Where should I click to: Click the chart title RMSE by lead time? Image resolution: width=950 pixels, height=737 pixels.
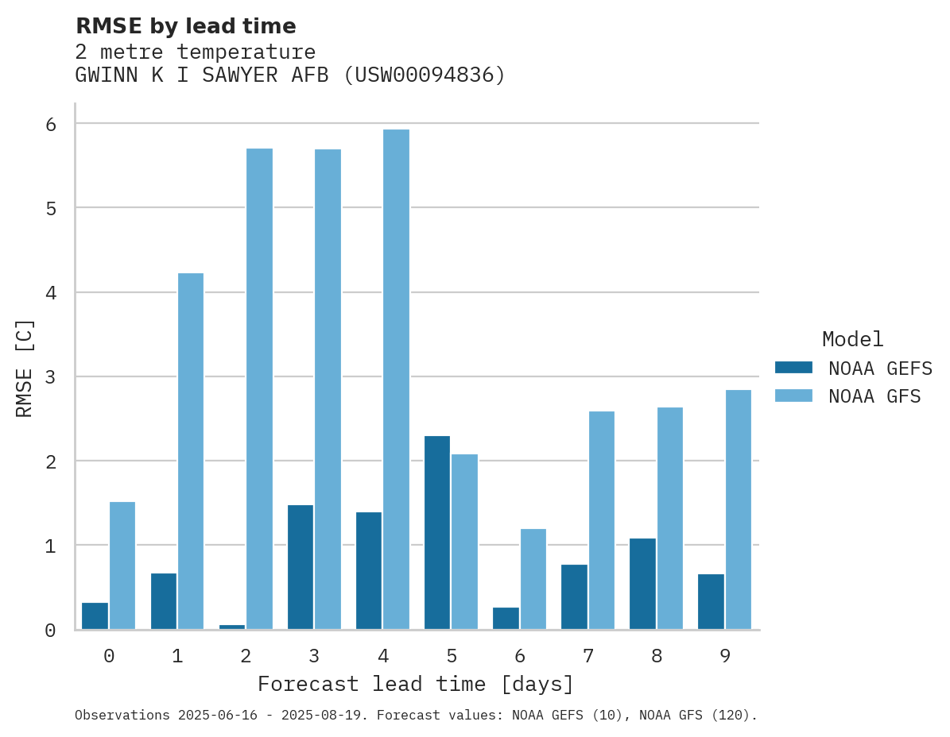point(185,26)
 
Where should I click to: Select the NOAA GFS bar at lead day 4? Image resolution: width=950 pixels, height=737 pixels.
point(396,380)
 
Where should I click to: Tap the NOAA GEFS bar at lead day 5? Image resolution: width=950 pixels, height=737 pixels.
point(437,532)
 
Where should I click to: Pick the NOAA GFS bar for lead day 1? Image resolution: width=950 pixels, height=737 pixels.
point(191,451)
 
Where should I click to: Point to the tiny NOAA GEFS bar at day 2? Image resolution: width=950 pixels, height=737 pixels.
point(232,627)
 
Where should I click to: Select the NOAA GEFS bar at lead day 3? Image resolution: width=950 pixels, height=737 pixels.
point(301,567)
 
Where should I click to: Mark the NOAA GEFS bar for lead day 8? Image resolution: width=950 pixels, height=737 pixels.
point(642,584)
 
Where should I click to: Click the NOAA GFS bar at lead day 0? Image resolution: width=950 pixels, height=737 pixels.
point(122,565)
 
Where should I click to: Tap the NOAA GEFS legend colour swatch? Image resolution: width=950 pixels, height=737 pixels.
point(793,368)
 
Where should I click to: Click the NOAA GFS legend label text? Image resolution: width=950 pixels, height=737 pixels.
point(874,396)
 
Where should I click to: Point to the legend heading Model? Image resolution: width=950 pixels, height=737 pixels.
point(852,340)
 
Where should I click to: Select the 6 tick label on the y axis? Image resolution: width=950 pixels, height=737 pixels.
point(50,124)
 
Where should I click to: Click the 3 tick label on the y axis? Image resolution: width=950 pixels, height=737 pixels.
point(50,376)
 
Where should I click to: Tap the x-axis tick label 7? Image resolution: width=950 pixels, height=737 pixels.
point(588,657)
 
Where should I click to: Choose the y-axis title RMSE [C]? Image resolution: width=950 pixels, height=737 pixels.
point(25,368)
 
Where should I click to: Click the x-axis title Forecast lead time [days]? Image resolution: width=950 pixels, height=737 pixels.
point(416,685)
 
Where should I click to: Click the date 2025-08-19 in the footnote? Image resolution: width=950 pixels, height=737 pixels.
point(328,716)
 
